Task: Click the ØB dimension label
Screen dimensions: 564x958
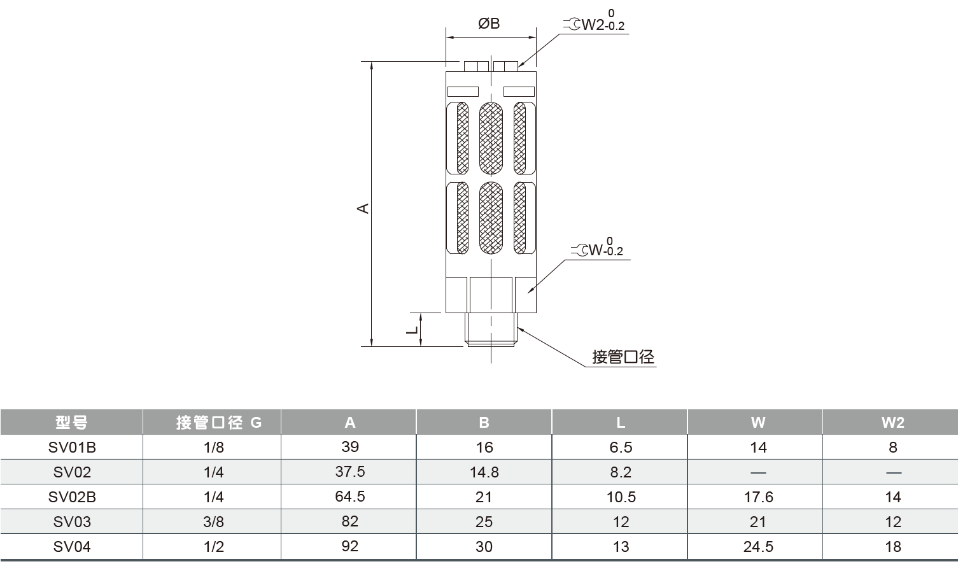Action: [489, 24]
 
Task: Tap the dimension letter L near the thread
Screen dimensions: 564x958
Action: [412, 330]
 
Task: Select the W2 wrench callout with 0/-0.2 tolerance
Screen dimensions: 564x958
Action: [595, 24]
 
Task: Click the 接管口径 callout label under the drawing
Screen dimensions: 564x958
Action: [623, 357]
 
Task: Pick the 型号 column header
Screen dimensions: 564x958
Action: [71, 422]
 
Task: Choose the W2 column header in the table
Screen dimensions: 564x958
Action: [892, 422]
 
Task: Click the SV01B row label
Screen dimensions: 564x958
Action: [72, 448]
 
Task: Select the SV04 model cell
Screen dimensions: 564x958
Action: [72, 547]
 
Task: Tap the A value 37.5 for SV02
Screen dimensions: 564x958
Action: [350, 472]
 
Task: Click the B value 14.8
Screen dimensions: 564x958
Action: [484, 472]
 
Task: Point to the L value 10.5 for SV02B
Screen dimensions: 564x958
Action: [621, 497]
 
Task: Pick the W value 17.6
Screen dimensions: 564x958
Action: [758, 497]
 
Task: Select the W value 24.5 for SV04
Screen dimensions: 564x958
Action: [758, 547]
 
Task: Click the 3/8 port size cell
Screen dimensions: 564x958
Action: [214, 522]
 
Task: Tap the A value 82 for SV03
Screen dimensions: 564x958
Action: [350, 521]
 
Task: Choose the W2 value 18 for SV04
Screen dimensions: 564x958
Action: [892, 547]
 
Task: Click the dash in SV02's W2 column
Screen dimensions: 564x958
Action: [892, 472]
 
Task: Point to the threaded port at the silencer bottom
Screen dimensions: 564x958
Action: [490, 329]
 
